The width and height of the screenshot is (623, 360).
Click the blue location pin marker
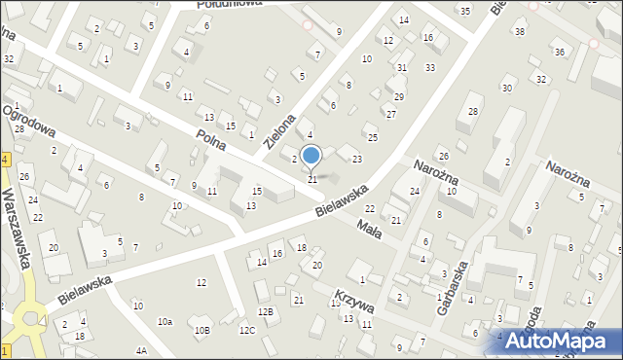coord(311,156)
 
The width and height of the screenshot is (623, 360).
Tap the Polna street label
coord(211,139)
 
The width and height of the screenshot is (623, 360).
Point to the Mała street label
coord(367,226)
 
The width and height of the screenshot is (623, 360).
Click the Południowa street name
coord(226,4)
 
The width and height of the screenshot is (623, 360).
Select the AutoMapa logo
coord(563,341)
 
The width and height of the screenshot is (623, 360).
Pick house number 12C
coord(247,331)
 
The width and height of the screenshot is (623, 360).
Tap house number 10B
coord(202,331)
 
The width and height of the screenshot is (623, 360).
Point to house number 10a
coord(165,321)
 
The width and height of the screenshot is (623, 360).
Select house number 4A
coord(142,350)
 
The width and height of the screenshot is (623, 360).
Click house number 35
coord(465,11)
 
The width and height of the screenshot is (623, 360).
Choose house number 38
coord(520,32)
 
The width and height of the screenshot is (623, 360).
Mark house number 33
coord(429,68)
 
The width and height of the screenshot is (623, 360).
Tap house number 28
coord(473,112)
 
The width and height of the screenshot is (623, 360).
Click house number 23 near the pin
coord(357,159)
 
